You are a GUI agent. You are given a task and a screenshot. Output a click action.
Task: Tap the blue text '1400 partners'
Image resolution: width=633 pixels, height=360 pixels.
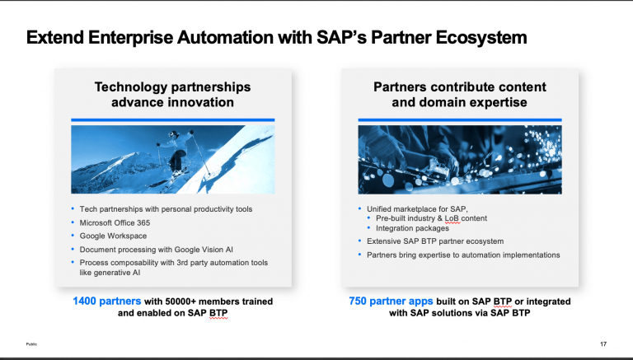[105, 302]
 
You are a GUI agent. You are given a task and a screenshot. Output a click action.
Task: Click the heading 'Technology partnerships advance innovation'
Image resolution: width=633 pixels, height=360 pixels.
[172, 95]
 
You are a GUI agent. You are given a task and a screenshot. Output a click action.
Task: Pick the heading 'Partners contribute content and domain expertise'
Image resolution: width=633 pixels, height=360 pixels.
[459, 95]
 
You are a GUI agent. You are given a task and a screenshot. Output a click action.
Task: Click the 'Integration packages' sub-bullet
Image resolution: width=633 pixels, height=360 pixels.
[415, 228]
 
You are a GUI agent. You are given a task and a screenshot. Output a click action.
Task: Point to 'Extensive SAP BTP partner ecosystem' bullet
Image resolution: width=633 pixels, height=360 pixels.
[435, 241]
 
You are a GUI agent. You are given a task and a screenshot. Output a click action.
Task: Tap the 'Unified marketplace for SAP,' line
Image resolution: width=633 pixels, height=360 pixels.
[416, 208]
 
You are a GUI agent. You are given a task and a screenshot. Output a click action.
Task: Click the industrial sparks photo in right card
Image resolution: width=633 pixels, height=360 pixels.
[459, 159]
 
